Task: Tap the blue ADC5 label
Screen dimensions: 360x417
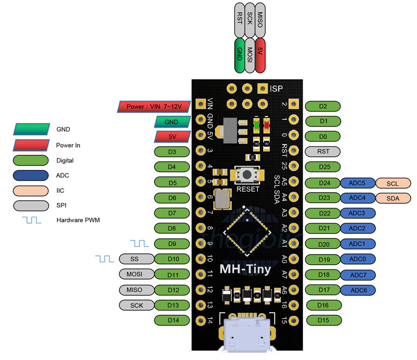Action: click(357, 183)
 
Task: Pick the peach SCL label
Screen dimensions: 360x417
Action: click(393, 183)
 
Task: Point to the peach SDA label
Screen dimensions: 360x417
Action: click(393, 198)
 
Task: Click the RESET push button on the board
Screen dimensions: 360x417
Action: click(247, 175)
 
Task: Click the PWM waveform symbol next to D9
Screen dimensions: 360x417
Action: click(139, 243)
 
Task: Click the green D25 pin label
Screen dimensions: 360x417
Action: click(323, 167)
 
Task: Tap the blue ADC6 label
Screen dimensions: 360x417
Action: click(358, 290)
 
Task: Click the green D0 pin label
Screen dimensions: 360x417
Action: click(323, 136)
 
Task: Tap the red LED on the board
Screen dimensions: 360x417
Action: click(266, 125)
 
